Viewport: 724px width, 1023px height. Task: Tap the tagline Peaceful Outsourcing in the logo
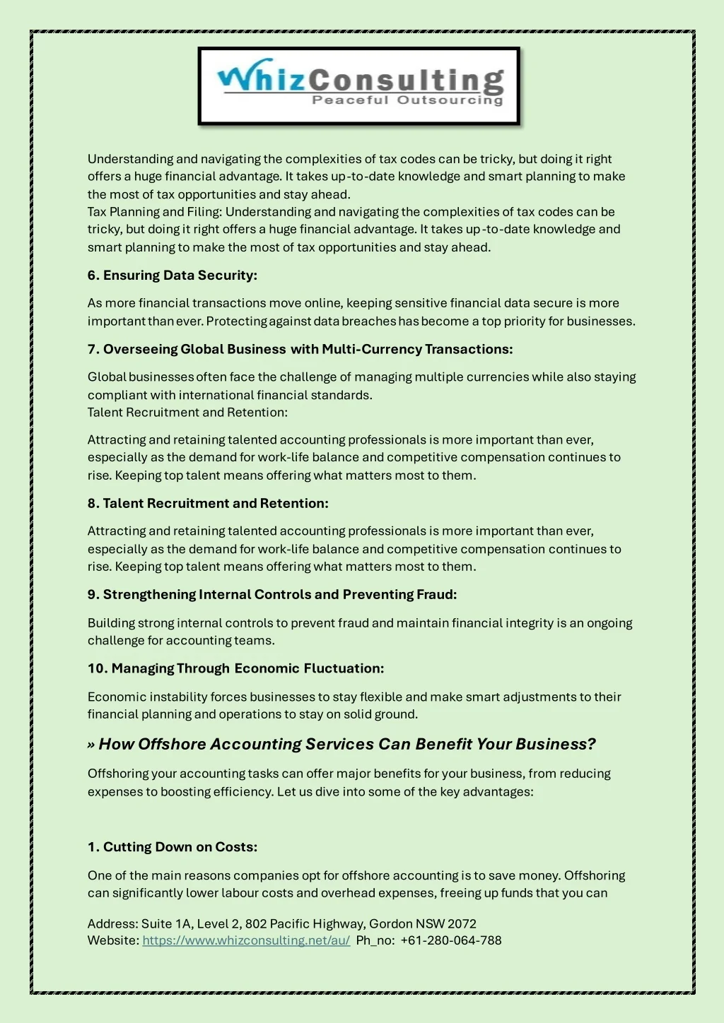point(407,100)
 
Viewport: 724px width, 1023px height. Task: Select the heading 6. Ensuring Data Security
point(173,276)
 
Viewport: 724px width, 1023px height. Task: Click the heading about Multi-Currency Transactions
point(300,349)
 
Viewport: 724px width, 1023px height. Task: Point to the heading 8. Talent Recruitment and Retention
point(208,503)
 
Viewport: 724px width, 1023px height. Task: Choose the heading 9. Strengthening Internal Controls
point(272,594)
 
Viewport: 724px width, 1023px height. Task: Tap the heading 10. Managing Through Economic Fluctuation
point(236,668)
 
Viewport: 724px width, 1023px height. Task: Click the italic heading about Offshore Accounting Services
point(346,744)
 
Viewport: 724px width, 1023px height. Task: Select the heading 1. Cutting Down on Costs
point(173,847)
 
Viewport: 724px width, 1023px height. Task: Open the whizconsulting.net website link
point(246,940)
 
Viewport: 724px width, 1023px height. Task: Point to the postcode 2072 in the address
point(462,923)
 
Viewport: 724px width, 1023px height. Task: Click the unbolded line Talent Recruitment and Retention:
point(187,413)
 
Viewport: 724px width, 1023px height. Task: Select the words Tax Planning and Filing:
point(155,212)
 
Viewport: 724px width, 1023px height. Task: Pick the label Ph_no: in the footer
point(375,940)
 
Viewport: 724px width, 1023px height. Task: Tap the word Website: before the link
point(113,940)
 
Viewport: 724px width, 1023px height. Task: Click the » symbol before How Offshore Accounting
point(91,745)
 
